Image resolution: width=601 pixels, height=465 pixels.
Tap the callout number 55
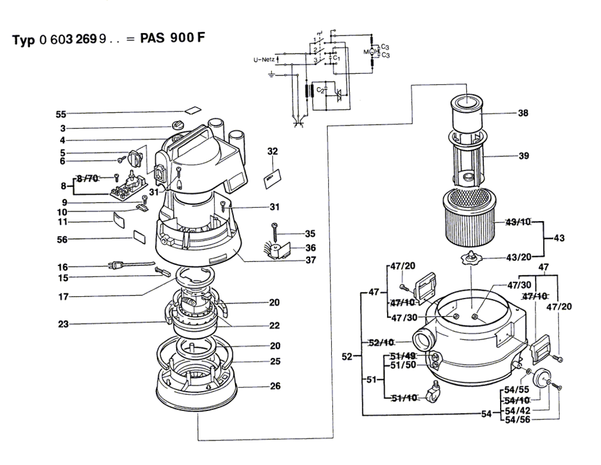click(x=61, y=114)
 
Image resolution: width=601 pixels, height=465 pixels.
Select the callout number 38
click(x=523, y=112)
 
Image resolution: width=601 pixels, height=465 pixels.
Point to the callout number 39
click(x=523, y=156)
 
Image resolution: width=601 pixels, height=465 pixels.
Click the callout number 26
click(x=275, y=386)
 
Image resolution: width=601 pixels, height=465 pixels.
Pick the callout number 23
click(x=62, y=324)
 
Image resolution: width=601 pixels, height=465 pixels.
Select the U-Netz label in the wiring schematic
click(x=263, y=60)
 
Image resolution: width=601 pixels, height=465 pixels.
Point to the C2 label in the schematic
click(x=321, y=90)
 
